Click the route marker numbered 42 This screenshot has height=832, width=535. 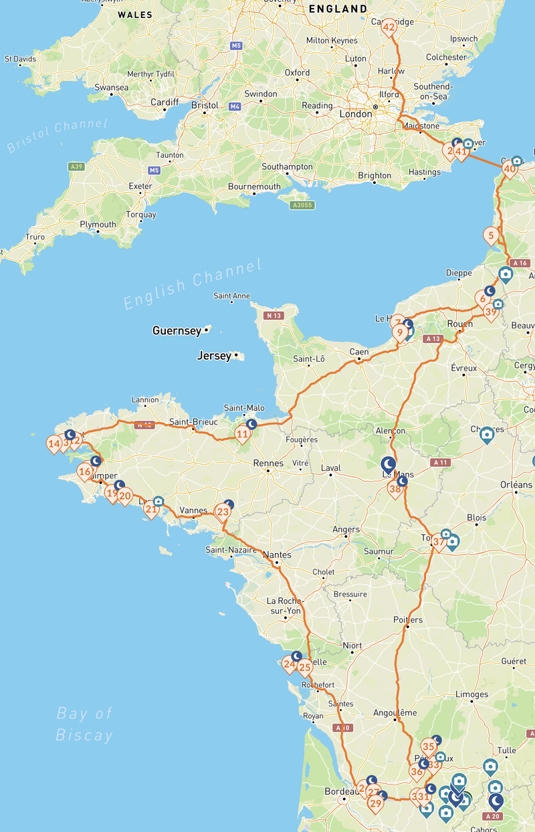tap(389, 27)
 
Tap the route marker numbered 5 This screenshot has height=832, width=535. tap(492, 235)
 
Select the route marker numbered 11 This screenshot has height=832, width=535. tap(242, 435)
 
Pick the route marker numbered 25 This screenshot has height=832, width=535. tap(305, 667)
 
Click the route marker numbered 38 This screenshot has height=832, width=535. tap(395, 489)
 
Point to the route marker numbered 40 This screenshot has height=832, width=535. tap(510, 170)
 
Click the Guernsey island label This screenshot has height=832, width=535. tap(176, 330)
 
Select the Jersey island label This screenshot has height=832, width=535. tap(213, 356)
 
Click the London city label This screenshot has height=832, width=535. tap(356, 114)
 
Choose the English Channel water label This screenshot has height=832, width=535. tap(193, 285)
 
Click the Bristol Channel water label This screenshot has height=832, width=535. tap(57, 135)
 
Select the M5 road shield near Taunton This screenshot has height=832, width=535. tap(154, 171)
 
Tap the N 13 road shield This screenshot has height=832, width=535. tap(272, 315)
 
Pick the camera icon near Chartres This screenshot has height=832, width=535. tap(488, 435)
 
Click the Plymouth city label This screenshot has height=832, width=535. tap(98, 225)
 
